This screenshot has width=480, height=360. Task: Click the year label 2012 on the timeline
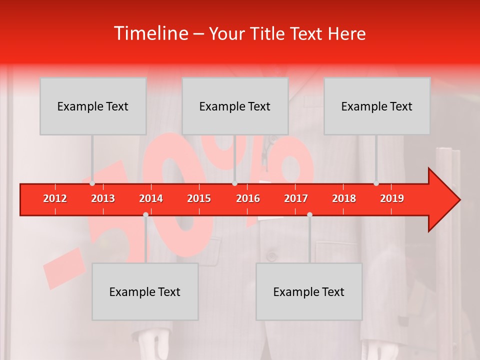[x=55, y=198]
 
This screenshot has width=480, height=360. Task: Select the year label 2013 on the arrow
[x=103, y=198]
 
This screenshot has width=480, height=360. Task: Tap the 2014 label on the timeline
[x=151, y=198]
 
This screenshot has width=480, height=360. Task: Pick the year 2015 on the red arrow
[x=199, y=198]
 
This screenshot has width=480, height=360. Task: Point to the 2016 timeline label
[x=248, y=198]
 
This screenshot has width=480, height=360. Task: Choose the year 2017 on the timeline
[x=296, y=198]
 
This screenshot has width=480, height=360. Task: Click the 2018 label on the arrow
[x=344, y=198]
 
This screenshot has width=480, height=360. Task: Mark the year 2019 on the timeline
[x=392, y=198]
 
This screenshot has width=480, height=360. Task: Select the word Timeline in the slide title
[x=150, y=33]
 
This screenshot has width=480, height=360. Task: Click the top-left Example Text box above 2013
[x=93, y=106]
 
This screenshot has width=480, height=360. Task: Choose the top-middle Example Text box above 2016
[x=235, y=106]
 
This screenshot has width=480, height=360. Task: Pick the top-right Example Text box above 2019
[x=377, y=106]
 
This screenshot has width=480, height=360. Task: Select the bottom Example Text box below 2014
[x=145, y=291]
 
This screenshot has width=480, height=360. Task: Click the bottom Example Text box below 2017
[x=309, y=291]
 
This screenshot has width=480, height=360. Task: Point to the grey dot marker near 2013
[x=92, y=183]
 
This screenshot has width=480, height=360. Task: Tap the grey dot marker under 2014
[x=145, y=214]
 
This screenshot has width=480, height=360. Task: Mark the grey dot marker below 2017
[x=309, y=214]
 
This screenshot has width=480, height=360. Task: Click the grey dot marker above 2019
[x=376, y=183]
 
